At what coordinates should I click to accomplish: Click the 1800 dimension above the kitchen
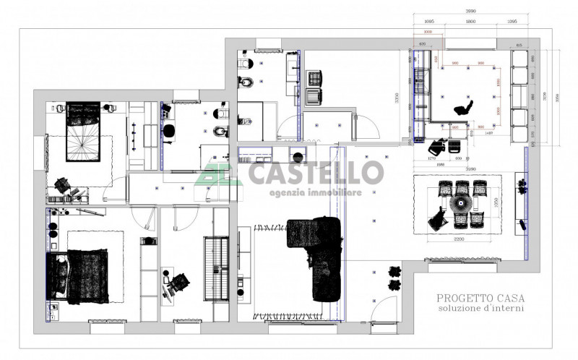[x=470, y=22]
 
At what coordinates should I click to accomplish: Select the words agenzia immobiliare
[x=316, y=193]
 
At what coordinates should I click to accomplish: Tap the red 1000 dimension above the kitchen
[x=427, y=33]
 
